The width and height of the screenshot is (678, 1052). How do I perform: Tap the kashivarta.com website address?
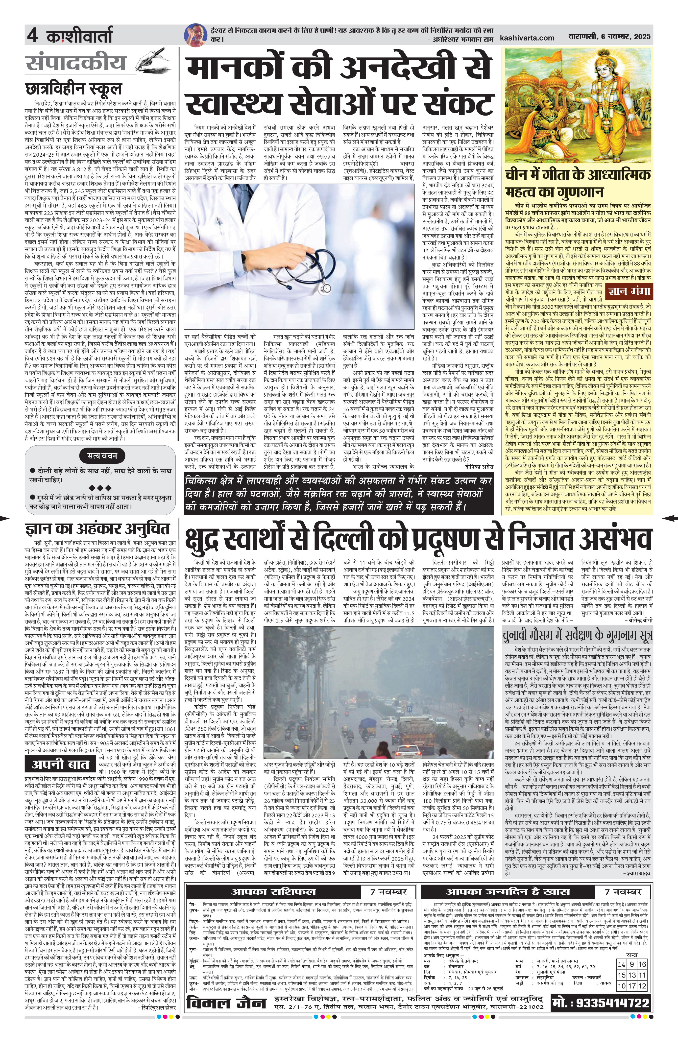pos(527,38)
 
